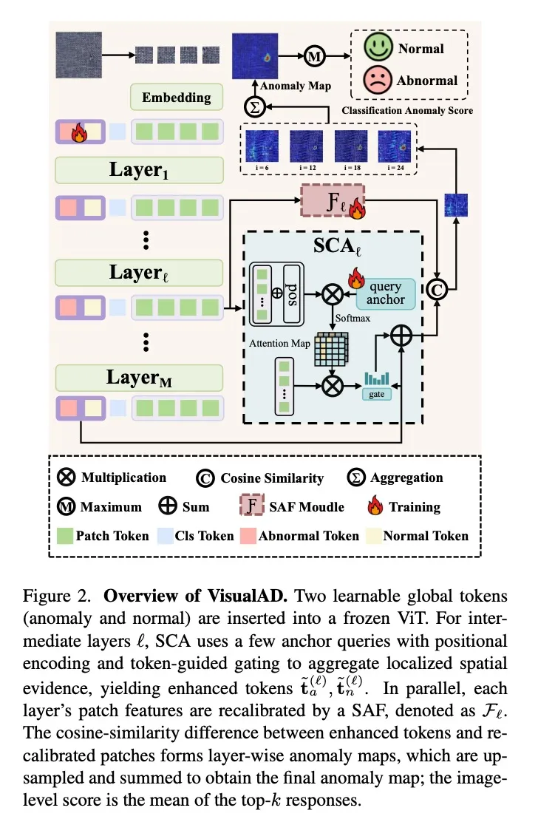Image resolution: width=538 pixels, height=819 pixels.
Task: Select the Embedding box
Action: tap(177, 97)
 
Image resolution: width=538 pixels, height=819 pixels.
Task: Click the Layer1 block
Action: tap(139, 169)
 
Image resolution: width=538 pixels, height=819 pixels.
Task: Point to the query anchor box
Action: tap(385, 293)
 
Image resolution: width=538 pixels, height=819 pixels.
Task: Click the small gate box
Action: tap(377, 394)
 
